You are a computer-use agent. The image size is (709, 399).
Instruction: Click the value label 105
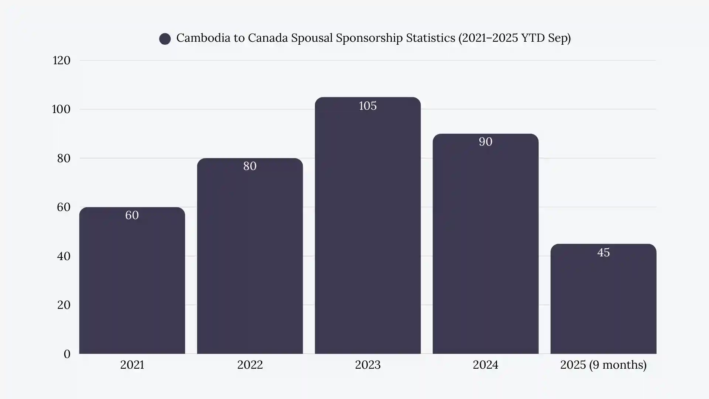point(367,106)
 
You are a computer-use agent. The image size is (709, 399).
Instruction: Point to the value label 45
point(603,253)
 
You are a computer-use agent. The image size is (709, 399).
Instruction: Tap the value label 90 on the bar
point(485,142)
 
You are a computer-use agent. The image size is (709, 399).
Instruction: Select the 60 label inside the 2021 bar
point(132,215)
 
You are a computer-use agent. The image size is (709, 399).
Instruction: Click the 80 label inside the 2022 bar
point(250,166)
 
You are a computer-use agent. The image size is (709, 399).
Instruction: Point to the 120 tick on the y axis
point(61,61)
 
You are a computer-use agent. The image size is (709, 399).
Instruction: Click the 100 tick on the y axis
point(61,109)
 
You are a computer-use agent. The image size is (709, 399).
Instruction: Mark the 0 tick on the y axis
point(67,354)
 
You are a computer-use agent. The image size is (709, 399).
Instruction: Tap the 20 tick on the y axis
point(64,305)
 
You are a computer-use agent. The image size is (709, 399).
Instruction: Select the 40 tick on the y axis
point(64,256)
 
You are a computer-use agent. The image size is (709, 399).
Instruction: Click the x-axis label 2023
point(367,365)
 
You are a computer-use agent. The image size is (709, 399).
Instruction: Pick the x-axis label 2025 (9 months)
point(603,365)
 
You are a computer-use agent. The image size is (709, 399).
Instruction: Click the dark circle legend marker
point(165,38)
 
